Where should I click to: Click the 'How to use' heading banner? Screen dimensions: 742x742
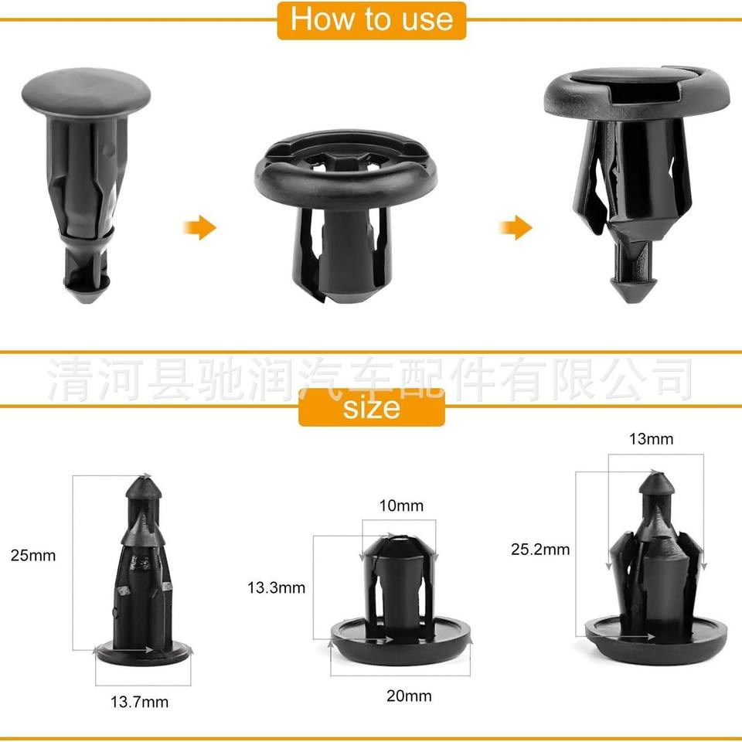pos(372,20)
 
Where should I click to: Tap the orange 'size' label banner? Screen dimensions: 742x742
pos(372,407)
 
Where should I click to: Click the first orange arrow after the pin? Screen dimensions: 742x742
pos(199,227)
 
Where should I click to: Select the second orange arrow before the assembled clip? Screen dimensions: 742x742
pos(516,227)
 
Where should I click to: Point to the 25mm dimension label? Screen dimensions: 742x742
pos(33,555)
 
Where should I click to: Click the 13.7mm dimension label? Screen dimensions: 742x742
pos(140,701)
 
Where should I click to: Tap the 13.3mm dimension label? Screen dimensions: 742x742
pos(277,587)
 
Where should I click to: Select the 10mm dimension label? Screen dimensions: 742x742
pos(401,505)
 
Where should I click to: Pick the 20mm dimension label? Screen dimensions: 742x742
pos(410,696)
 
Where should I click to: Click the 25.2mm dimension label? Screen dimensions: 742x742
pos(540,550)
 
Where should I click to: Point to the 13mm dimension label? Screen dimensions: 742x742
pos(651,439)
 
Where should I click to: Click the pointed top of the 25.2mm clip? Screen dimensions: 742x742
pos(656,482)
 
